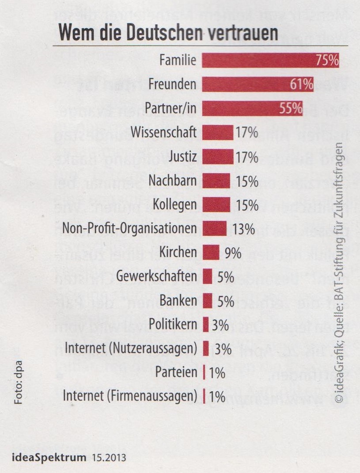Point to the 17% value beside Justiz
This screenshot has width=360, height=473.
(x=246, y=156)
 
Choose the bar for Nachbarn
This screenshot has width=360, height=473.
(x=216, y=181)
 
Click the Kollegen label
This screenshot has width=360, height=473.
(x=174, y=205)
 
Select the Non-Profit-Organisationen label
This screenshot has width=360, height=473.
(x=129, y=229)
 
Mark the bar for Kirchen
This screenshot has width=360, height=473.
(x=211, y=253)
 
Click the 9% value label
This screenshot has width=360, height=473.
(x=231, y=253)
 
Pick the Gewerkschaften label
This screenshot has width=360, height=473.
(x=156, y=277)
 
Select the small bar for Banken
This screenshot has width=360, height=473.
(x=208, y=301)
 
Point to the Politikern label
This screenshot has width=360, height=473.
(x=173, y=325)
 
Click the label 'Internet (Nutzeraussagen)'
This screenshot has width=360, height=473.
(x=130, y=348)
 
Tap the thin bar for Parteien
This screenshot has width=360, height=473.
(x=204, y=372)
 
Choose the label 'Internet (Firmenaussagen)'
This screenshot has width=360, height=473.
(x=130, y=396)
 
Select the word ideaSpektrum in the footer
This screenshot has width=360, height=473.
(x=45, y=457)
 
